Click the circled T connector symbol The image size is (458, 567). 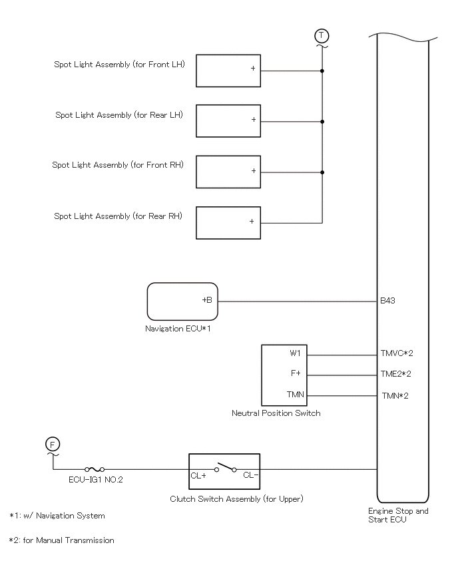coord(322,36)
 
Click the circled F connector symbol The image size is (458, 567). coord(53,445)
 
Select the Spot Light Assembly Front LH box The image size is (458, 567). coord(228,71)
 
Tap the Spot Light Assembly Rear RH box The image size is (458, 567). coord(228,223)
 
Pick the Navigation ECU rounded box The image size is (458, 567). coord(182,301)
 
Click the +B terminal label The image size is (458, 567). coord(207,300)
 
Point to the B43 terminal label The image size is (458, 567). coord(387,301)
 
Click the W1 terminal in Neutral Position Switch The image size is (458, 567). coord(295,353)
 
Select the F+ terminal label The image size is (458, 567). coord(296,373)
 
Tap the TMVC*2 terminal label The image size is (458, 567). coord(397,353)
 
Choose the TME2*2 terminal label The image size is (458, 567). coord(396,374)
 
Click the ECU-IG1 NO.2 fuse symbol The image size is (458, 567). coord(95,469)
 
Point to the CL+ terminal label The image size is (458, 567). coord(198,476)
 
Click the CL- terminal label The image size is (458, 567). coord(251,475)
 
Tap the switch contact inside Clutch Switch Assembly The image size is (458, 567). coord(226,467)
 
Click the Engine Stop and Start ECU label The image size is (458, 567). coord(398,515)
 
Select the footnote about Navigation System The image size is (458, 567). coord(57,516)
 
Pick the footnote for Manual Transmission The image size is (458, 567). coord(61,540)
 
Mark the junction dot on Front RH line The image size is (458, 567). coord(322,172)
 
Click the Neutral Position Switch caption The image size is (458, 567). coord(276,413)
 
